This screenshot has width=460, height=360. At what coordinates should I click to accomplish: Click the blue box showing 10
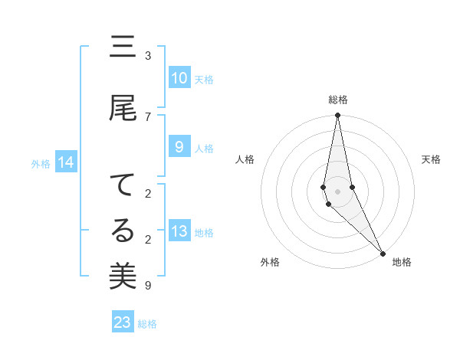click(x=179, y=78)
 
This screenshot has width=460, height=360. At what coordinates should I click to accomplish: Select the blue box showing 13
click(x=179, y=232)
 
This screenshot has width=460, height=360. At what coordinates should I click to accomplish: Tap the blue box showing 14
click(x=66, y=162)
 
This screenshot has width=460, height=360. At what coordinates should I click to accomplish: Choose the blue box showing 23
click(x=123, y=322)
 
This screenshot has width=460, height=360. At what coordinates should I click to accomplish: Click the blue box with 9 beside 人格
click(x=179, y=147)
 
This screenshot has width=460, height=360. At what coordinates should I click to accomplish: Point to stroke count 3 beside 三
click(x=148, y=56)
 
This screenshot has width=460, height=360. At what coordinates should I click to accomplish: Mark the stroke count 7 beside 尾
click(x=148, y=116)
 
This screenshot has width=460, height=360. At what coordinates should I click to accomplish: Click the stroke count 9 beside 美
click(x=148, y=286)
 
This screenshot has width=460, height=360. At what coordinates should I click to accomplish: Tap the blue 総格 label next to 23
click(x=147, y=324)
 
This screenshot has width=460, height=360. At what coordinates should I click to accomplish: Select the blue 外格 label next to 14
click(x=41, y=163)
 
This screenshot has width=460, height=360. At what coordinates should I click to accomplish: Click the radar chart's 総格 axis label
click(x=338, y=100)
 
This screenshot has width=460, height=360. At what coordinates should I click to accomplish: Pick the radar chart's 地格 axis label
click(x=402, y=262)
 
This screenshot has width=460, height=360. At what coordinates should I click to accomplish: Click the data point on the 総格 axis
click(x=338, y=116)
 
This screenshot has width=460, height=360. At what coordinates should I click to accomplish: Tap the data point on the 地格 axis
click(x=383, y=252)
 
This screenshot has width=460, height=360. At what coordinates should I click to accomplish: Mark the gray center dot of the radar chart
click(x=338, y=191)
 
